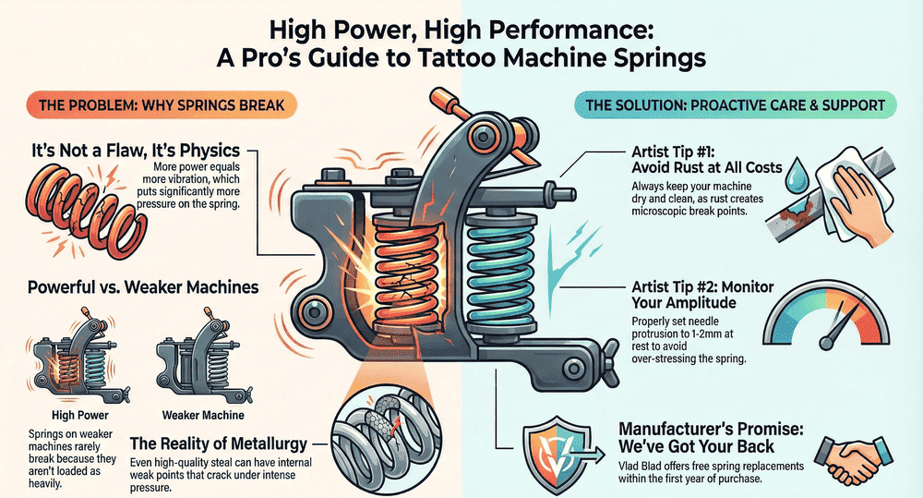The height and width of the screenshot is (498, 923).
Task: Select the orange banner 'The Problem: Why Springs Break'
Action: pyautogui.click(x=155, y=103)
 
